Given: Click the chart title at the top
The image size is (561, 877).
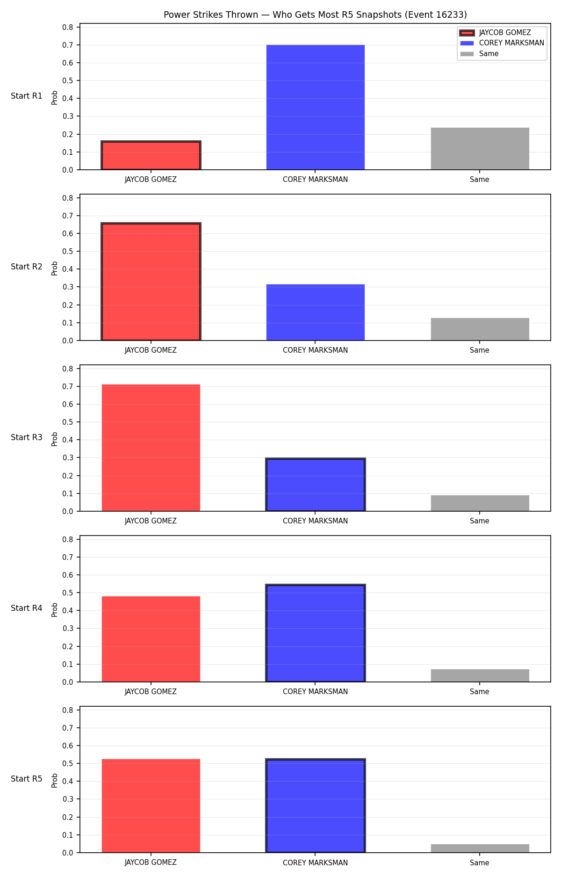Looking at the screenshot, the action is [x=315, y=15].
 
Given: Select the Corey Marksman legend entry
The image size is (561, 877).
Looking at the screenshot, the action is [x=502, y=43].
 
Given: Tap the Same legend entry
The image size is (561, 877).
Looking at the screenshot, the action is [x=479, y=54].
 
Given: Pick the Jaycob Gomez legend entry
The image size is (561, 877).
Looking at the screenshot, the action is [x=496, y=33].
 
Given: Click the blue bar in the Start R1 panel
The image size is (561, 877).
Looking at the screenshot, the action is [x=316, y=107].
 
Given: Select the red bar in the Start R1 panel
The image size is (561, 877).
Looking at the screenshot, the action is [x=151, y=155].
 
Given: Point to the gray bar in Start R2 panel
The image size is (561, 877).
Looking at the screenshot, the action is [x=480, y=329].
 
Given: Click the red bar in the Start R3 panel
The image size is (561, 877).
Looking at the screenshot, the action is [x=151, y=448].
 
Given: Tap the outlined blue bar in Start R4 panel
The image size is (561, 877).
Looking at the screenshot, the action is [x=316, y=633].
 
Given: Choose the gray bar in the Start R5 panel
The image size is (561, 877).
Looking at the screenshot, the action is [x=480, y=848].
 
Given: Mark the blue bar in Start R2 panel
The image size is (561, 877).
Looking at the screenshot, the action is [x=316, y=312].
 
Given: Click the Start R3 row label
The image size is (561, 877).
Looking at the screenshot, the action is [x=27, y=437].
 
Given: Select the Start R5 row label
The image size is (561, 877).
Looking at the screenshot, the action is [x=27, y=779].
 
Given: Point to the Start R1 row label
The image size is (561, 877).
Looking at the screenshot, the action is [x=27, y=96].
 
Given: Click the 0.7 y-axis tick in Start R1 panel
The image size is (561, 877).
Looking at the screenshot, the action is [x=68, y=45].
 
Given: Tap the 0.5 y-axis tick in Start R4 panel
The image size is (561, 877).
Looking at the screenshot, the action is [x=68, y=593].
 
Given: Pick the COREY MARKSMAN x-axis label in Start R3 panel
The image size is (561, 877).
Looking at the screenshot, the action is [x=316, y=521].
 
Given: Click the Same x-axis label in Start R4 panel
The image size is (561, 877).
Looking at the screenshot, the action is [x=480, y=692].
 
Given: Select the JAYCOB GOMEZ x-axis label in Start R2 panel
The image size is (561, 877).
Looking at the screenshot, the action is [x=151, y=350].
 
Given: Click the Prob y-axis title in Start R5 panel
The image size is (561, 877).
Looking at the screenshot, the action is [x=55, y=780].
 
